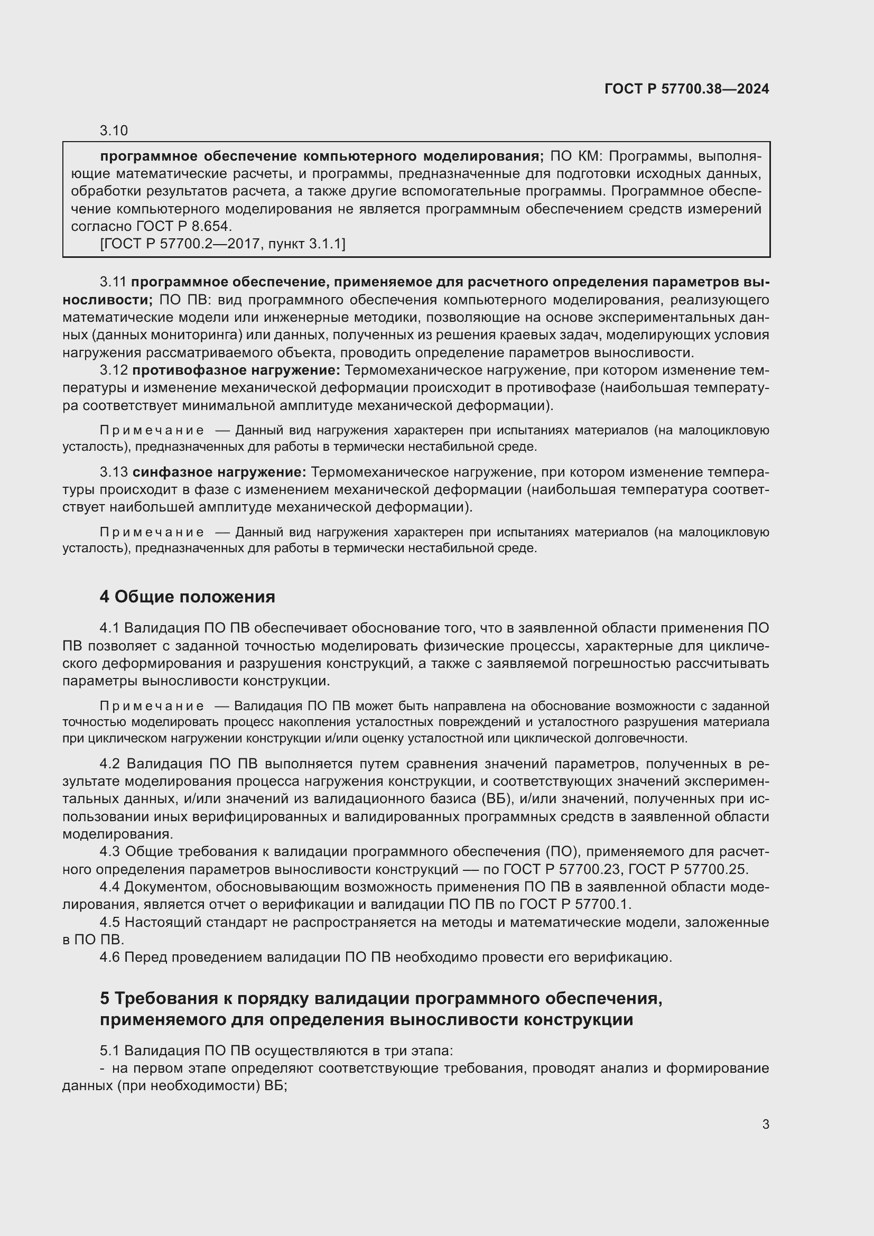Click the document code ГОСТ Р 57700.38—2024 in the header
(x=687, y=89)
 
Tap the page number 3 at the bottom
(x=765, y=1124)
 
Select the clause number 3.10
(x=114, y=131)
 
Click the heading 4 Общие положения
(x=187, y=597)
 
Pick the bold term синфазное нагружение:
(x=219, y=472)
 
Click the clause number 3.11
(x=113, y=282)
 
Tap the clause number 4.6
(x=111, y=957)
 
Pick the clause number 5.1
(x=111, y=1051)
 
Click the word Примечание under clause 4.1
(x=152, y=707)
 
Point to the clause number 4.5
(x=111, y=922)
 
